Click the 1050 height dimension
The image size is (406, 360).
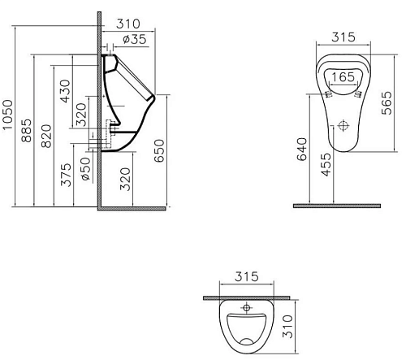[x=8, y=115]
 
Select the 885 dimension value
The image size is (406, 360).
[x=27, y=131]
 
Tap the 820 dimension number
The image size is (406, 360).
[x=46, y=136]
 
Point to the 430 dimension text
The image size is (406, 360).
[x=65, y=91]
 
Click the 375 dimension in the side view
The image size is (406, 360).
[x=66, y=175]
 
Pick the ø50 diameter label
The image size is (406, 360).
[x=85, y=169]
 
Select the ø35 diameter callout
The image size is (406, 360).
[x=135, y=39]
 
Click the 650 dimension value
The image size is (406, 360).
[x=159, y=150]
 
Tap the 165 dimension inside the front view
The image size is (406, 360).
[x=343, y=77]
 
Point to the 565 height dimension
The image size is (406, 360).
[x=387, y=103]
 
